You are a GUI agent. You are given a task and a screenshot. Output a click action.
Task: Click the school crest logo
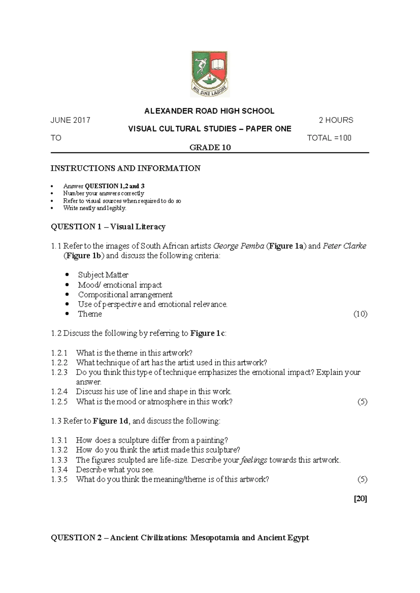[x=210, y=74]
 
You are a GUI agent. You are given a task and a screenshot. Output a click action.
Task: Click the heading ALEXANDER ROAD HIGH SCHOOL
[x=209, y=111]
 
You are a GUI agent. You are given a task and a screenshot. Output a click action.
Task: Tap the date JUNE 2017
[x=70, y=120]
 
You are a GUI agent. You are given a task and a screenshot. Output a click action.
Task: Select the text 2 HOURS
[x=336, y=120]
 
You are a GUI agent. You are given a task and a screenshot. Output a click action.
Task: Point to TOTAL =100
[x=329, y=138]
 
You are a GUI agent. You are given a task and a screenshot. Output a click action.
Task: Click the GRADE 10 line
[x=210, y=148]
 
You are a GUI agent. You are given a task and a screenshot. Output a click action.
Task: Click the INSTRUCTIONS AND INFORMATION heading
[x=125, y=168]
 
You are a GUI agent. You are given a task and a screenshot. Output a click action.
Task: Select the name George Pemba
[x=238, y=246]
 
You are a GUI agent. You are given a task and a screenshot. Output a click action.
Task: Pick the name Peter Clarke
[x=344, y=246]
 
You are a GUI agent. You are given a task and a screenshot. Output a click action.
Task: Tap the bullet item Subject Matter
[x=103, y=275]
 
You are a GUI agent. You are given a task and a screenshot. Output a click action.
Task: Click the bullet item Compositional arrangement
[x=125, y=294]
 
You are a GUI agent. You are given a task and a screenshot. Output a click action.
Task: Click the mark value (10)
[x=360, y=314]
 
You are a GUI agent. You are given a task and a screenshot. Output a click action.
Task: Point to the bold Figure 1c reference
[x=208, y=333]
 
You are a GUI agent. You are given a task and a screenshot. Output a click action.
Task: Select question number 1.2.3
[x=59, y=372]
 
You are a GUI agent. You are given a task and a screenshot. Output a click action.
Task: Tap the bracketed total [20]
[x=360, y=499]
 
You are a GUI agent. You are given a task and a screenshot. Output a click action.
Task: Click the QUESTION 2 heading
[x=180, y=538]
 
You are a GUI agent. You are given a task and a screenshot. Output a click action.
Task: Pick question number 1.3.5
[x=59, y=479]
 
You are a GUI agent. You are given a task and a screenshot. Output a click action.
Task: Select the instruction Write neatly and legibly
[x=94, y=208]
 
